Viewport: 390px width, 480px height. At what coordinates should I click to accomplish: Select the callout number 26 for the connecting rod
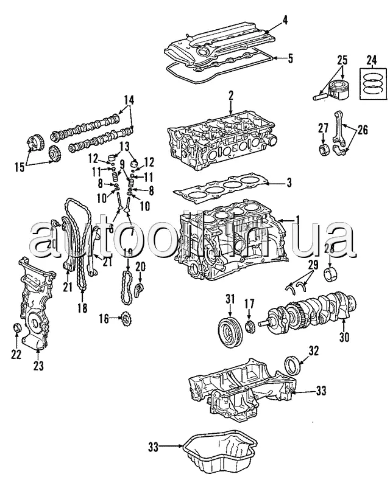point(363,129)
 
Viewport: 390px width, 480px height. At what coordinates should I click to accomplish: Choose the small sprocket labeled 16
point(127,318)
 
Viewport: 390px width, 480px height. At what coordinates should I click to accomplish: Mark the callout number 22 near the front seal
point(16,354)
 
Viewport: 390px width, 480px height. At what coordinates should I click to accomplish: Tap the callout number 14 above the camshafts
point(129,100)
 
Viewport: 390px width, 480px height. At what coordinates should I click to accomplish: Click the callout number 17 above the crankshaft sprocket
point(249,302)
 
